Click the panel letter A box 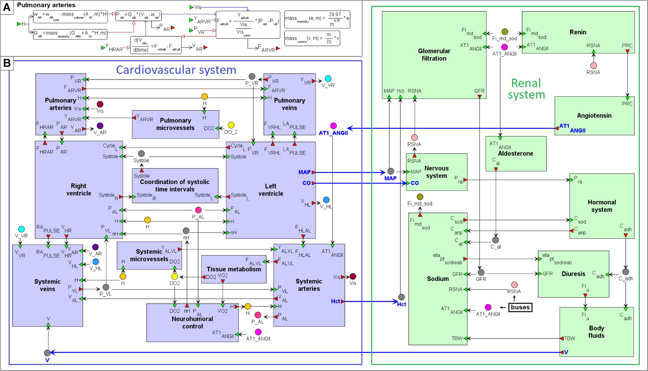tap(7, 7)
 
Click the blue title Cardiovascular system tap(176, 70)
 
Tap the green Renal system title tap(526, 89)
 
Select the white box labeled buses tap(520, 307)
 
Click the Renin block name tap(578, 32)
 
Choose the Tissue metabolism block tap(234, 269)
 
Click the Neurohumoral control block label tap(192, 322)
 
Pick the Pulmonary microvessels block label tap(175, 124)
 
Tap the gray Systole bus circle tap(141, 154)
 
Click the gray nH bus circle tap(186, 231)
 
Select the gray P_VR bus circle tap(252, 77)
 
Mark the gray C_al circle tap(496, 240)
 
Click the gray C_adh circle tap(626, 272)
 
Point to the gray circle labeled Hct tap(402, 297)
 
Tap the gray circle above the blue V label tap(47, 353)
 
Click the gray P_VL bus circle tap(106, 287)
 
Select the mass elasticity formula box tap(317, 19)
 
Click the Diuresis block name tap(573, 274)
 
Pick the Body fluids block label tap(596, 332)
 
